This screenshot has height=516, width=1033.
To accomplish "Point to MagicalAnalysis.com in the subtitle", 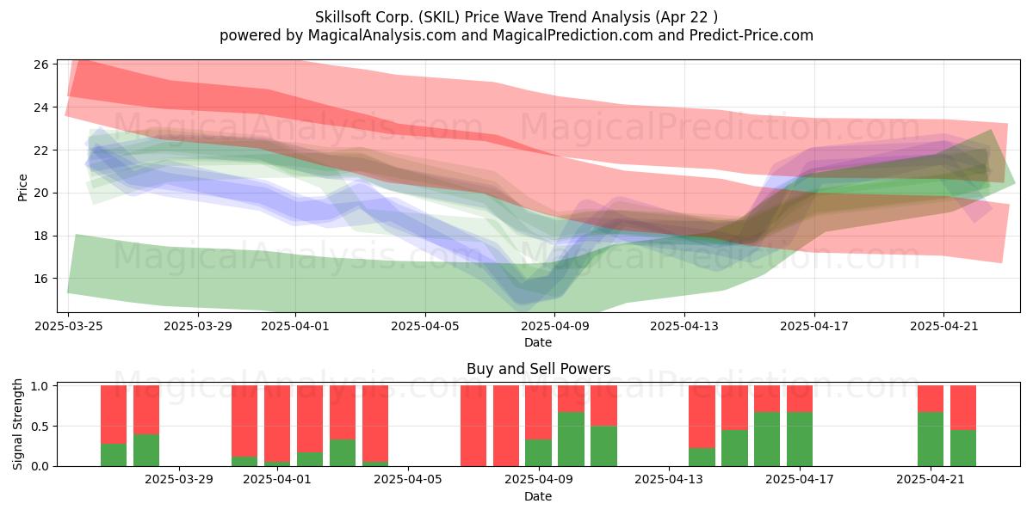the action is (382, 35).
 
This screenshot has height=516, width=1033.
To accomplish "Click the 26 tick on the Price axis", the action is (41, 64).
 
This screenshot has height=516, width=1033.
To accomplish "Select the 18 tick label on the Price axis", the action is (41, 236).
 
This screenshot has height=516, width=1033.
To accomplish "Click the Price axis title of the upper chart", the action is (22, 187).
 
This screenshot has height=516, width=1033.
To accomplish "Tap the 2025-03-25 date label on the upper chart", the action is (69, 326).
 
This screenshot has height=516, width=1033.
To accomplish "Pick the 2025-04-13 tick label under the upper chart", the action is (684, 326).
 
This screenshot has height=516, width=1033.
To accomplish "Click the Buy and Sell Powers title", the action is (538, 369).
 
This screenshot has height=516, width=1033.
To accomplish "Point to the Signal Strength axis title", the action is (17, 424).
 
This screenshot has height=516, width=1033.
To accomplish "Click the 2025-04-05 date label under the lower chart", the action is (408, 479).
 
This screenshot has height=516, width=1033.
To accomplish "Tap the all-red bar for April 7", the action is (473, 426).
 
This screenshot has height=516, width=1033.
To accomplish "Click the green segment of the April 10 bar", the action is (571, 439).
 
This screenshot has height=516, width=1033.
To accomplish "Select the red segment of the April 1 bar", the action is (277, 423).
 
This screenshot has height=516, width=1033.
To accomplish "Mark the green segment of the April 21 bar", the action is (931, 439).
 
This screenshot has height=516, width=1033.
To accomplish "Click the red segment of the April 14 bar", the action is (702, 416).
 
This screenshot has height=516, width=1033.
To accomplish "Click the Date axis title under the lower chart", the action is (538, 496).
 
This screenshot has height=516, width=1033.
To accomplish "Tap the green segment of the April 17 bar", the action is (800, 439).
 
